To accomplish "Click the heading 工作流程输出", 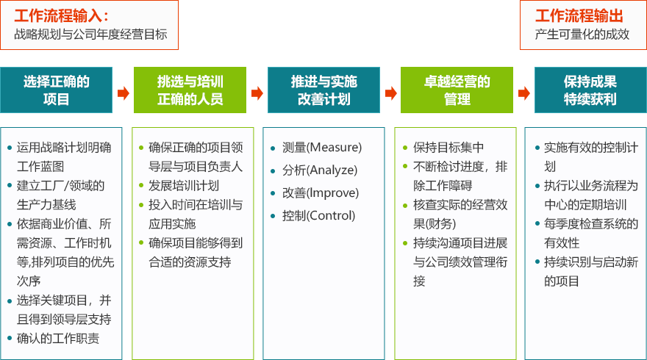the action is tap(579, 16).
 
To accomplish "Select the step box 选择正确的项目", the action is tap(56, 90).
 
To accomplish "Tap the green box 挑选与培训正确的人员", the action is tap(190, 90).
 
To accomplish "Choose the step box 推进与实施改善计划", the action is tap(323, 90).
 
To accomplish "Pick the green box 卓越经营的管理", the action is tap(457, 90).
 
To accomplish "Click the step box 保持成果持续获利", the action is tap(590, 90).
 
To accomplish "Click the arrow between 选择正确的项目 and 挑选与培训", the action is tap(123, 93).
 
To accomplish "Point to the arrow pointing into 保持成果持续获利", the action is tap(524, 93).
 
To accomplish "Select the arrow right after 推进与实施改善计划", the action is tap(390, 93).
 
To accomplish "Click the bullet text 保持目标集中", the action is tap(448, 147).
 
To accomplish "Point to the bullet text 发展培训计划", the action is tap(184, 186).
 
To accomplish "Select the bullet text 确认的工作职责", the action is tap(58, 339).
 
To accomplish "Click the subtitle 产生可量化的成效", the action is tap(582, 35).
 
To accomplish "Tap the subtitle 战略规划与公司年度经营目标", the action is tap(90, 35).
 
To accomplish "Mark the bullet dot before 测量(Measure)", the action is tap(273, 148).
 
